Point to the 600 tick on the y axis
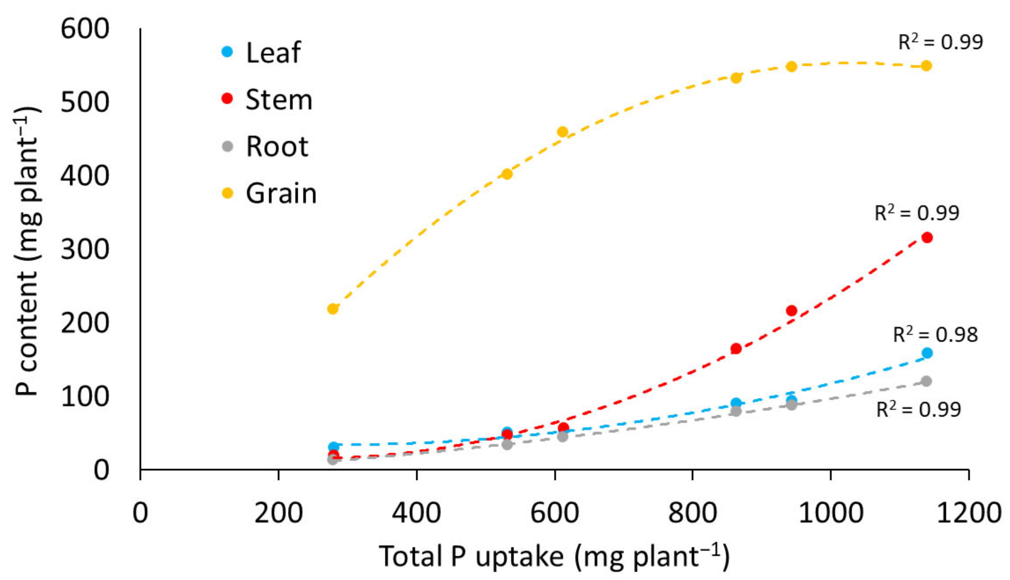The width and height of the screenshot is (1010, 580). click(85, 29)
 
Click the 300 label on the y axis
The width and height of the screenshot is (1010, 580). click(85, 250)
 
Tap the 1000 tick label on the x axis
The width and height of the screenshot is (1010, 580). click(831, 512)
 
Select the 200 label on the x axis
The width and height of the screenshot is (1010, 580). click(278, 512)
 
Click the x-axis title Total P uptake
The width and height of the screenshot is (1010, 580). click(554, 556)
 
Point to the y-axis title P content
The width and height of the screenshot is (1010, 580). click(27, 251)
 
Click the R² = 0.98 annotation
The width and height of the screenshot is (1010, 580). click(935, 334)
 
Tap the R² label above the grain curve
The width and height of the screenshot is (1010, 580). click(940, 42)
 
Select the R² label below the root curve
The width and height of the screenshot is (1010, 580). click(918, 409)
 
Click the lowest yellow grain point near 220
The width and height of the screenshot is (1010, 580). click(332, 309)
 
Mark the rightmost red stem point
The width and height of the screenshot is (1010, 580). click(927, 238)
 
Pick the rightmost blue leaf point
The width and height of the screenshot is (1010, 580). click(927, 353)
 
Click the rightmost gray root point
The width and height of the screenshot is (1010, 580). click(926, 381)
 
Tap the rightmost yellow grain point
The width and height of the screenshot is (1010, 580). click(926, 66)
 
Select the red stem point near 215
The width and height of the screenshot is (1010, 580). click(791, 311)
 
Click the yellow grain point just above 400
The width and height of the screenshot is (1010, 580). click(507, 174)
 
